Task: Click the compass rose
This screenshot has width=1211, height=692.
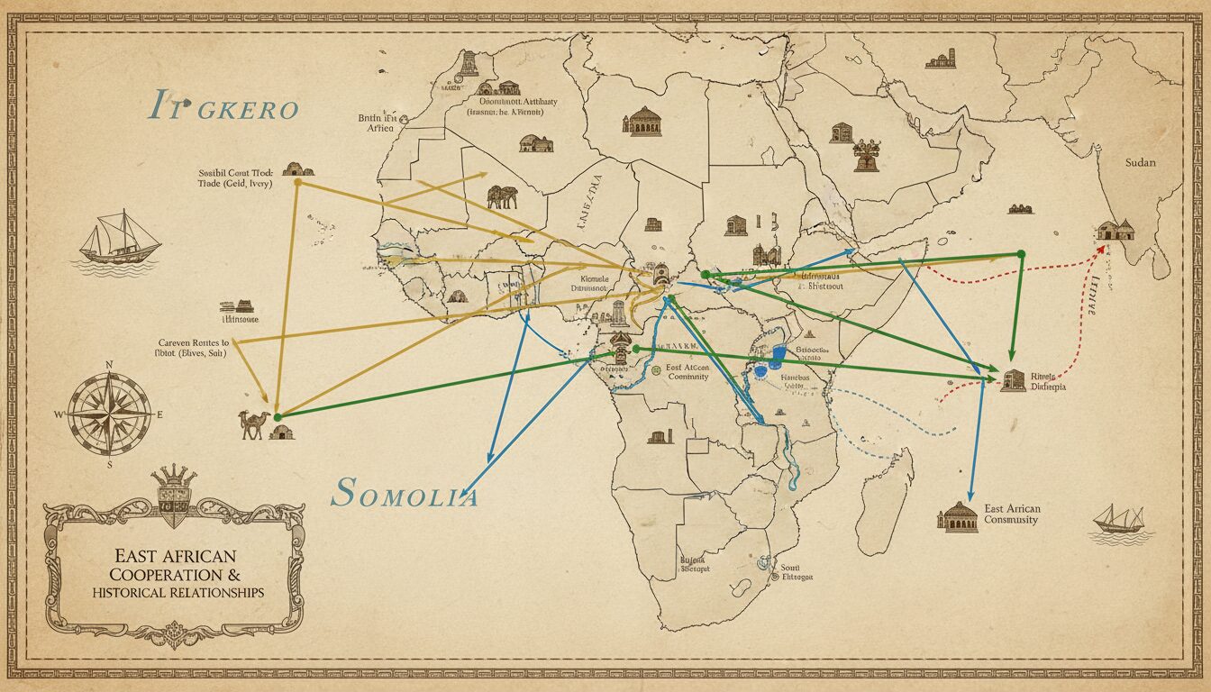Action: [x=110, y=414]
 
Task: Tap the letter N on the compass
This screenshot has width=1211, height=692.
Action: [x=110, y=365]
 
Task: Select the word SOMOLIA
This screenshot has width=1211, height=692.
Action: [x=405, y=493]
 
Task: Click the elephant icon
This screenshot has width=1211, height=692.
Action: [x=502, y=196]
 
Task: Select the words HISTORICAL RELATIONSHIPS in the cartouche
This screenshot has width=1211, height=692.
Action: [x=177, y=592]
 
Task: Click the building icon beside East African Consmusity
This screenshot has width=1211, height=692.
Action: [x=957, y=516]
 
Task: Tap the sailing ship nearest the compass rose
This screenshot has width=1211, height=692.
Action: [x=120, y=238]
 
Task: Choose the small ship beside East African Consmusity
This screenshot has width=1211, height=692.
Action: [x=1119, y=520]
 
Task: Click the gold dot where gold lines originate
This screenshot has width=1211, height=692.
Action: [x=297, y=181]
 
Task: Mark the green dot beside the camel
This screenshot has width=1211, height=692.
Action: [x=278, y=416]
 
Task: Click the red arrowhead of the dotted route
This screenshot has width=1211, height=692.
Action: [x=1101, y=250]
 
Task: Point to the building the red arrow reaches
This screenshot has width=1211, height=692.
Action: [x=1116, y=230]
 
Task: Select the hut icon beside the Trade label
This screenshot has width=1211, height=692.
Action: [x=297, y=168]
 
